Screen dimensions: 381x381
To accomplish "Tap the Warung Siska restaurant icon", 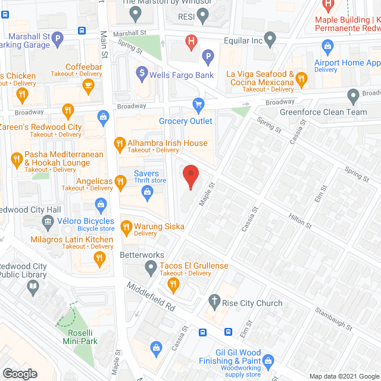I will click(126, 227).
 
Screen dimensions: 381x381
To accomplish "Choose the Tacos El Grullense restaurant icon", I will click(173, 285).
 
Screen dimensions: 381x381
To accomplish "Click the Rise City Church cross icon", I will click(214, 303).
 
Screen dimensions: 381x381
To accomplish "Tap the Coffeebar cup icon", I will click(89, 86).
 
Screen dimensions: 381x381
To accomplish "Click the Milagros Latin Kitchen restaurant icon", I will click(99, 258).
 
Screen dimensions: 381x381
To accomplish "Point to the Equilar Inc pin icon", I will click(270, 41).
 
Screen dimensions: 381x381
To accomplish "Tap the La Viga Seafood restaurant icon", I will click(302, 78).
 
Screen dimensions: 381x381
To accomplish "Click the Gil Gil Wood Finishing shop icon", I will click(268, 360).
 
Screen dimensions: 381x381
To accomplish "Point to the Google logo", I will click(20, 373).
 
